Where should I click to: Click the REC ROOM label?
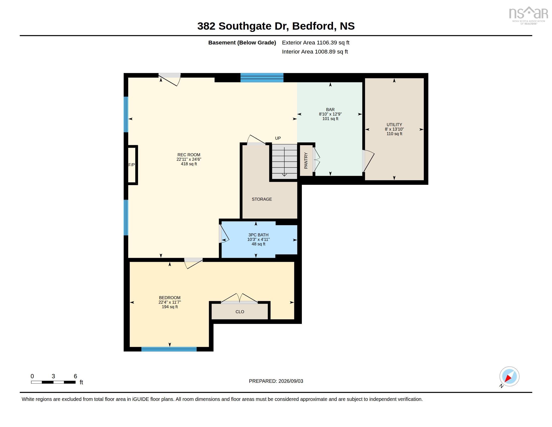tap(189, 155)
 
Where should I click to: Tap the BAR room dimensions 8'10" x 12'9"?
tap(330, 114)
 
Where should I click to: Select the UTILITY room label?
tap(394, 124)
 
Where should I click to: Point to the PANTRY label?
tap(306, 161)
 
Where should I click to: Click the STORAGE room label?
tap(262, 199)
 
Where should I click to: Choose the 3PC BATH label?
tap(258, 235)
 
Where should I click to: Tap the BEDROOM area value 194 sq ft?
tap(170, 307)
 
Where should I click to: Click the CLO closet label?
tap(240, 312)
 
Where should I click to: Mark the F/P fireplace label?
tap(131, 165)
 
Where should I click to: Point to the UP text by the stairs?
tap(278, 138)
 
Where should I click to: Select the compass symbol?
tap(509, 377)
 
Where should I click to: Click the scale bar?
tap(53, 382)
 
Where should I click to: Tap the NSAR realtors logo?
tap(528, 15)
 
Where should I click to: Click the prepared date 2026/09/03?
tap(291, 381)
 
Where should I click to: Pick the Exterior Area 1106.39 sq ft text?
tap(316, 42)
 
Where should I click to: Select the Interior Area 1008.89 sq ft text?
tap(315, 51)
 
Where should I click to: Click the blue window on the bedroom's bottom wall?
tap(169, 349)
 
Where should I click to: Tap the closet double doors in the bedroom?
tap(239, 298)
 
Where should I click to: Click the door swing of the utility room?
tap(368, 161)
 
